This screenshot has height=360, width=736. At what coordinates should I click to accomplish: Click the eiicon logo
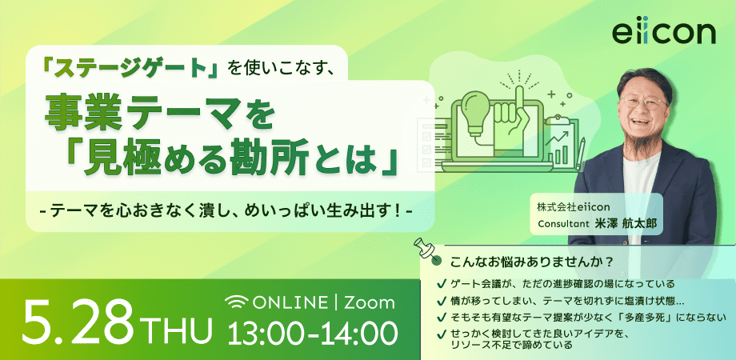[x=664, y=34]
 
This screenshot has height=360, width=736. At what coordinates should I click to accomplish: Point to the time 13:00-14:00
[x=312, y=334]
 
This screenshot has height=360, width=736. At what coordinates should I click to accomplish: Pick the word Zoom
[x=370, y=302]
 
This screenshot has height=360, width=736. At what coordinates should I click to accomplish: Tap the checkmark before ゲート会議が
[x=442, y=284]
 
